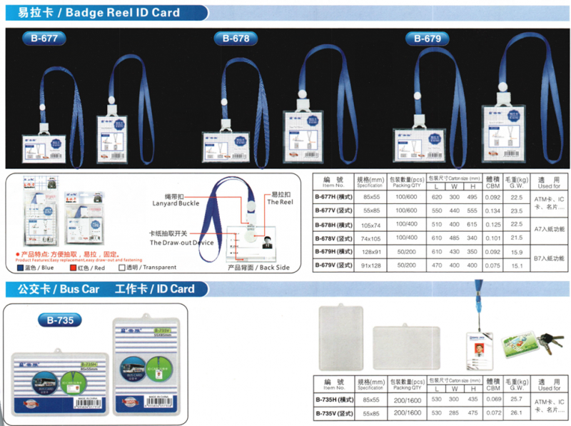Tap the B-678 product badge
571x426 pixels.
(x=236, y=39)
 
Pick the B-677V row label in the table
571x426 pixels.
(x=335, y=211)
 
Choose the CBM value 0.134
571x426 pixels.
(x=492, y=211)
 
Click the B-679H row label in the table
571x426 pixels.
(x=335, y=251)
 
